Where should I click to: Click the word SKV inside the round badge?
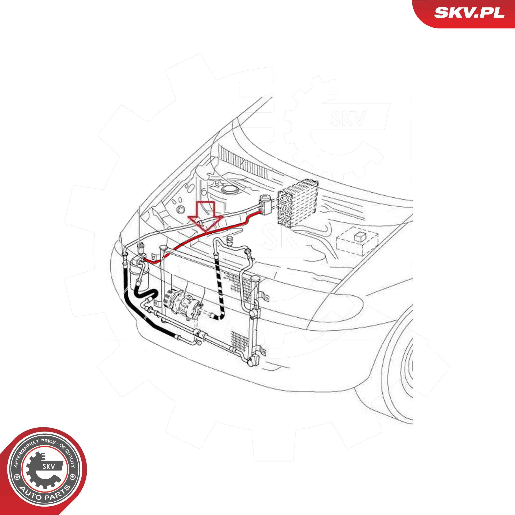[49, 466]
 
